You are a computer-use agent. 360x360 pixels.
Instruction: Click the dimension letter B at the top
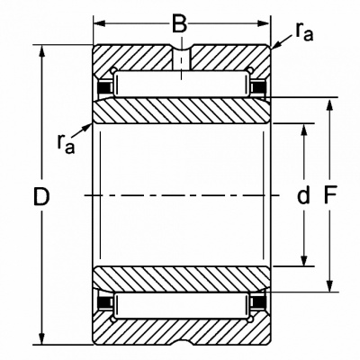pyautogui.click(x=180, y=23)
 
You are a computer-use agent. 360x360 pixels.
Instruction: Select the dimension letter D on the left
pyautogui.click(x=41, y=196)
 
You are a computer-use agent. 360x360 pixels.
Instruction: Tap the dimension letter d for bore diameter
pyautogui.click(x=303, y=195)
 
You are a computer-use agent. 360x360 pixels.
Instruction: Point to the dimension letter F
pyautogui.click(x=330, y=195)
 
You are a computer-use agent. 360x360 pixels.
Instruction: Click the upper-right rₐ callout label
pyautogui.click(x=304, y=31)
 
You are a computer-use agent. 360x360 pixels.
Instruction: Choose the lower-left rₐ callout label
pyautogui.click(x=66, y=143)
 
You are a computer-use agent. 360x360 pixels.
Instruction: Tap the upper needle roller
pyautogui.click(x=182, y=85)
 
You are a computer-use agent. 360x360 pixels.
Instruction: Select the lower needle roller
pyautogui.click(x=182, y=306)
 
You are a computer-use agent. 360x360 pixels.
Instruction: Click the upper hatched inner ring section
pyautogui.click(x=182, y=111)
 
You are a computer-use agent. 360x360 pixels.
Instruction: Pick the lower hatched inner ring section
pyautogui.click(x=182, y=279)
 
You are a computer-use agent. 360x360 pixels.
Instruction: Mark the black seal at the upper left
pyautogui.click(x=105, y=87)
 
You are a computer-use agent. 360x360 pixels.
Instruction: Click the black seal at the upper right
pyautogui.click(x=258, y=87)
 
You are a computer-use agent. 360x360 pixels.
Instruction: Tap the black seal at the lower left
pyautogui.click(x=105, y=302)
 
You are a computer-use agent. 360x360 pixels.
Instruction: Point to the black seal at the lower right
pyautogui.click(x=258, y=302)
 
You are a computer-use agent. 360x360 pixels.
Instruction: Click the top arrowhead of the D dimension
pyautogui.click(x=41, y=51)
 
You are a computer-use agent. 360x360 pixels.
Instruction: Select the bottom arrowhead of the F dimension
pyautogui.click(x=329, y=285)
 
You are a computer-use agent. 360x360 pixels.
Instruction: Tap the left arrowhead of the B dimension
pyautogui.click(x=99, y=23)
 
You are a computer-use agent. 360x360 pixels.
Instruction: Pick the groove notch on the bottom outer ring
pyautogui.click(x=182, y=342)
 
